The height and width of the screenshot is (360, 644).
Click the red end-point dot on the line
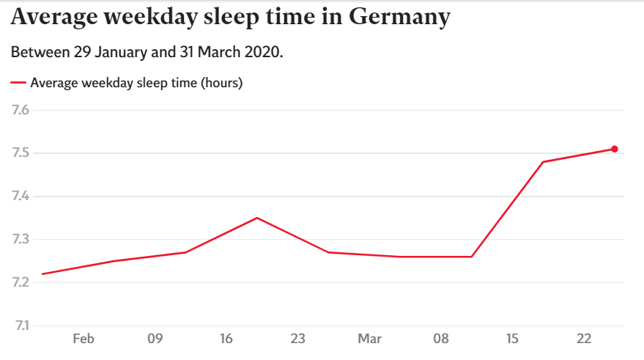(x=615, y=149)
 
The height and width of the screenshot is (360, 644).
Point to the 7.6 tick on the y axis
(x=20, y=110)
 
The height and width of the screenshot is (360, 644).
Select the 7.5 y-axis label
(x=20, y=153)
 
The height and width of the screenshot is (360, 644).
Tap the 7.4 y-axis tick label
(x=20, y=196)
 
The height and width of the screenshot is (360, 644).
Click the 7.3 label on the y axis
(x=20, y=239)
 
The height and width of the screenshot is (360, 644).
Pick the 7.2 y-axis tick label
(x=20, y=282)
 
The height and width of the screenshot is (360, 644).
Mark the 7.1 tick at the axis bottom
(x=21, y=326)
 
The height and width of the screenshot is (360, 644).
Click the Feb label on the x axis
(x=84, y=339)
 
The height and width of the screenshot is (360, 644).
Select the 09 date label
(x=155, y=339)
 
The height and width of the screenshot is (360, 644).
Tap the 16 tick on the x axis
(x=226, y=339)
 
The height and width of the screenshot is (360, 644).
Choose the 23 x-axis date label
(x=297, y=339)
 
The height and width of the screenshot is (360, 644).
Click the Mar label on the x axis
(x=369, y=339)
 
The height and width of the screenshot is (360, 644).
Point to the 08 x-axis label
(x=441, y=339)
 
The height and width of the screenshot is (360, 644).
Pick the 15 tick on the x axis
(x=512, y=339)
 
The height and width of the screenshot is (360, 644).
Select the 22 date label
(x=584, y=339)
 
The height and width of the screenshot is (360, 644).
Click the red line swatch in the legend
(x=18, y=83)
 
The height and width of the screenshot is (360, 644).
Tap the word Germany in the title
(x=399, y=18)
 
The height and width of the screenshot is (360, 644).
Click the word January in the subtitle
(x=121, y=53)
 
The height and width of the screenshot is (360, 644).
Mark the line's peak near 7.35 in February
(x=257, y=218)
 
